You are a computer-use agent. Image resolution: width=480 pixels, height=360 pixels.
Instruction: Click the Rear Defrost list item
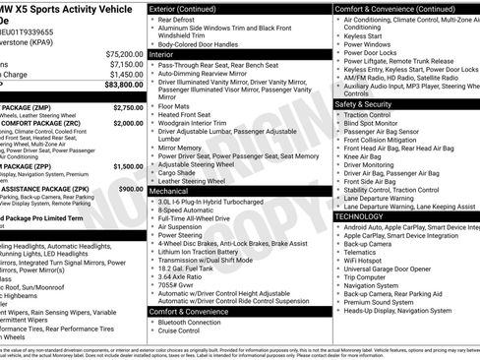180,19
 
